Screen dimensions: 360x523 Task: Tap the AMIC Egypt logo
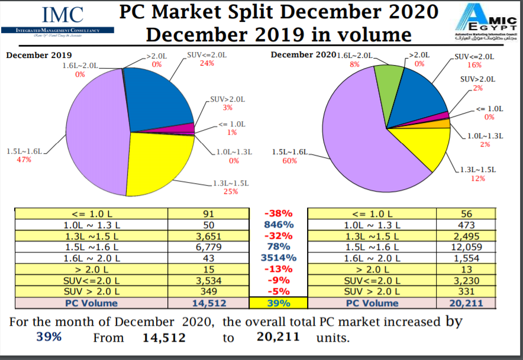click(482, 21)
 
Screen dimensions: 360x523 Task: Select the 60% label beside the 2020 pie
click(289, 161)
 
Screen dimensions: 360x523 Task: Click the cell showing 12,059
click(466, 247)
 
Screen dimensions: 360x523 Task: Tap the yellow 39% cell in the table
click(278, 303)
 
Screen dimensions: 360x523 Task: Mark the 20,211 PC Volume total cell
click(466, 303)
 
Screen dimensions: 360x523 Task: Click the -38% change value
click(278, 214)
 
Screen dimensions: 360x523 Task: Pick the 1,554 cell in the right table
click(466, 258)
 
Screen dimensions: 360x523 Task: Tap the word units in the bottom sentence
click(332, 339)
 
